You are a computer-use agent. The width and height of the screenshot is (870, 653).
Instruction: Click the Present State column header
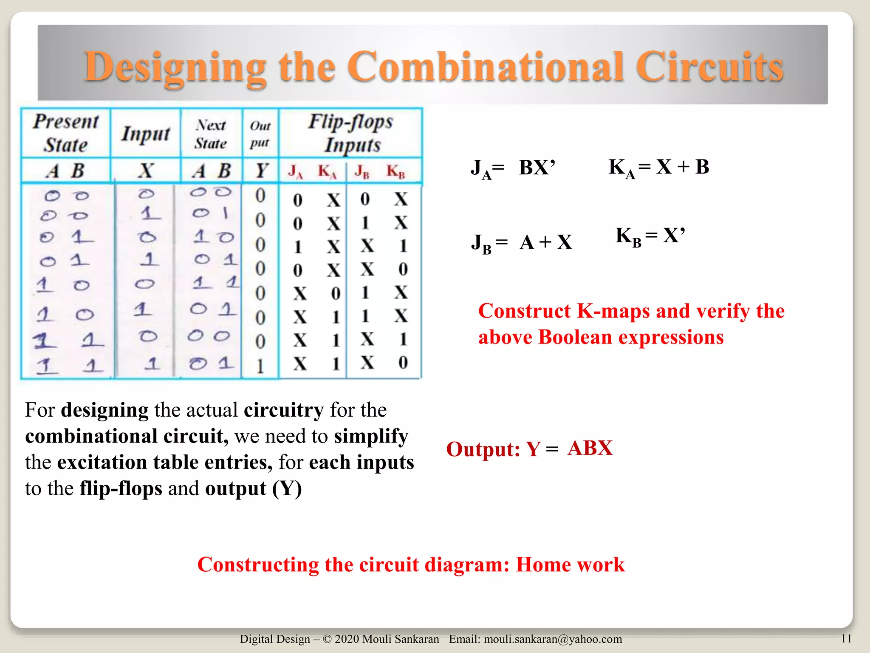(66, 133)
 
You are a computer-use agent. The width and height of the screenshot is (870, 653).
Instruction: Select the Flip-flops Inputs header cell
(351, 133)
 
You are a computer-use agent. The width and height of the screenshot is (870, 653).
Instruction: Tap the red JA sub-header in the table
(295, 171)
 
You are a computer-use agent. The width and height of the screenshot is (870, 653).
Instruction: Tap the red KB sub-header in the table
(395, 171)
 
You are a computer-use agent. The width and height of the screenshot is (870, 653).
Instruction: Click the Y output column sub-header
(261, 171)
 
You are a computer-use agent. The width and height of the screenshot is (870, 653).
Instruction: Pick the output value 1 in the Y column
(260, 366)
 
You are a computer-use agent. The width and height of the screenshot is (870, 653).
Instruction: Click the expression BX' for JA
(537, 168)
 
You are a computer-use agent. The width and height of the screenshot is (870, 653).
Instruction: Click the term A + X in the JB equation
(546, 243)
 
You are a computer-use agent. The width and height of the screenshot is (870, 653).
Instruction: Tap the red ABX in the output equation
(590, 448)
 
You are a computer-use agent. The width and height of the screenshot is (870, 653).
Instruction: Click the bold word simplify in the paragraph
(371, 437)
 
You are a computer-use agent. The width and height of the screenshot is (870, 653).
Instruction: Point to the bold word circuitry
(284, 410)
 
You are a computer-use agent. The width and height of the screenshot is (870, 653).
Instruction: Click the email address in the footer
(553, 639)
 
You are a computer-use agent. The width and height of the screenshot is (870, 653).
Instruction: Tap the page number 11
(846, 639)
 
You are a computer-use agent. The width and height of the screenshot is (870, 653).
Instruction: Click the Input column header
(146, 134)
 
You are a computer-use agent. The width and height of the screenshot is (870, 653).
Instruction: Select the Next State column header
(211, 134)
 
